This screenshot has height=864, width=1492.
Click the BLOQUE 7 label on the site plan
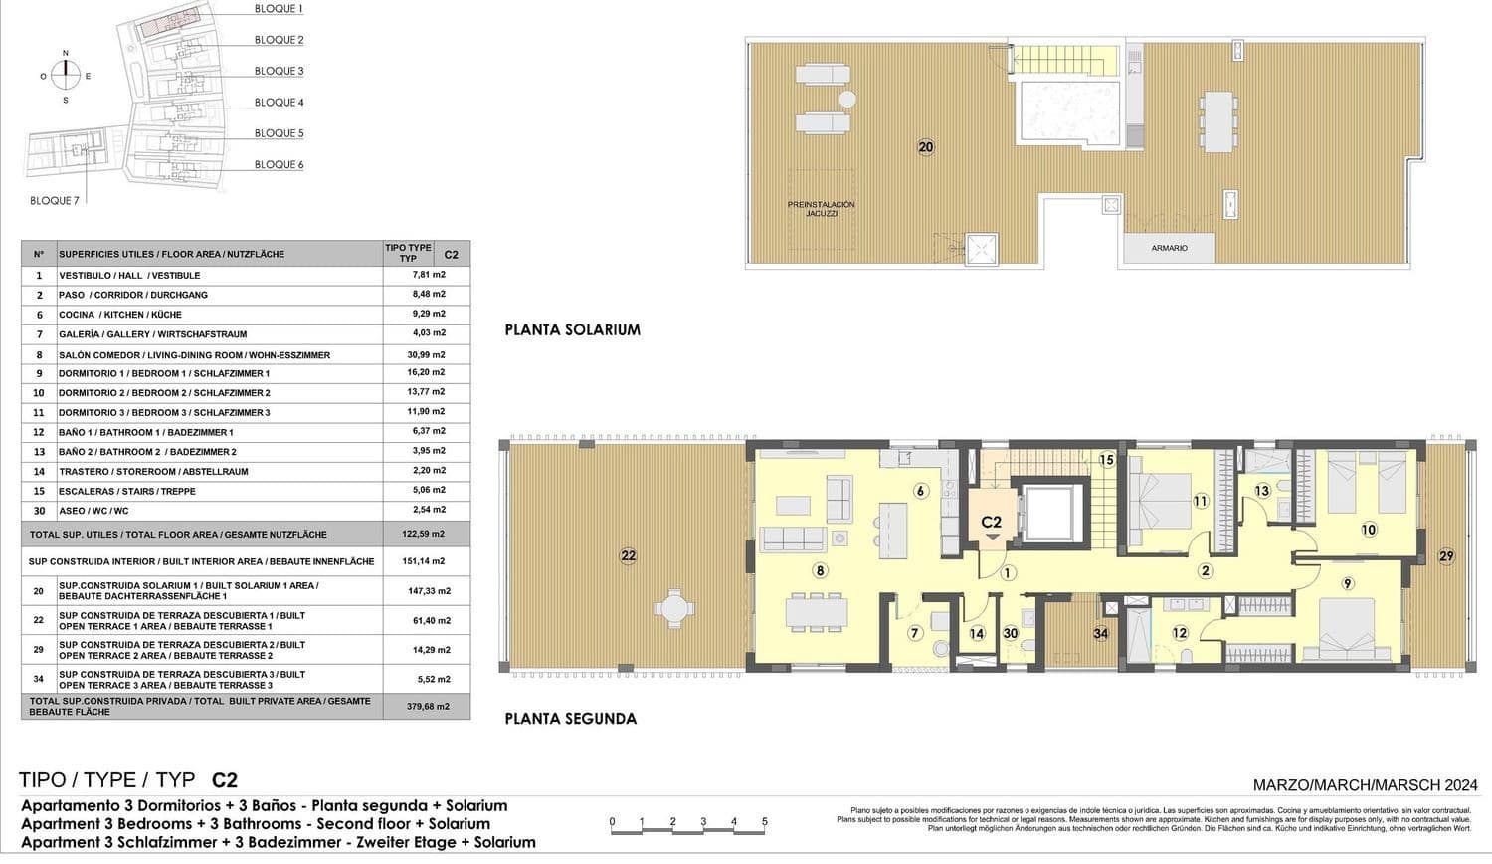coord(55,200)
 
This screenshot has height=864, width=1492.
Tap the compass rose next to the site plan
coord(66,76)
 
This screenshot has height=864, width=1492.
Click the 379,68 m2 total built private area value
coord(429,706)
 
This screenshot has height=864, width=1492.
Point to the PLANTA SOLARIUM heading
coord(572,329)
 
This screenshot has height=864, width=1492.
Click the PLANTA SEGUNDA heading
coord(570,718)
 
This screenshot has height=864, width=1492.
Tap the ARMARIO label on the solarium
coord(1169,248)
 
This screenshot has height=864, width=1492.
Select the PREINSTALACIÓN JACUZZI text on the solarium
coord(821,209)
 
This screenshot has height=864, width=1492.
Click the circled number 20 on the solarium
coord(926,147)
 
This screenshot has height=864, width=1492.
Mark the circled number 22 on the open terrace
coord(628,556)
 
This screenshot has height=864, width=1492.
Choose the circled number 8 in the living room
coord(820,570)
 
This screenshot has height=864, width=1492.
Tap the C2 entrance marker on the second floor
coord(991,524)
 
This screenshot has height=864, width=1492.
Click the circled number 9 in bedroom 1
coord(1348,583)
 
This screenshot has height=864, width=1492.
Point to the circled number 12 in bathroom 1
coord(1180,632)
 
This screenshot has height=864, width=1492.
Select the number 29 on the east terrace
coord(1445,556)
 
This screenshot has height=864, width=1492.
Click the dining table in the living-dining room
coord(817,609)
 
